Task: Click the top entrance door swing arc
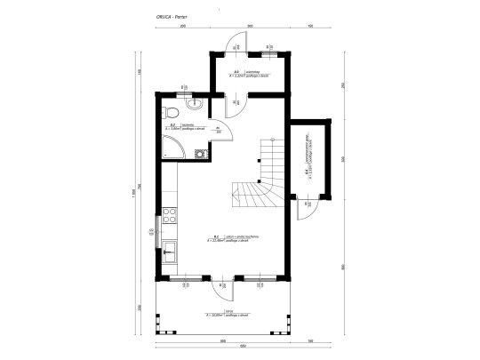pyautogui.click(x=238, y=45)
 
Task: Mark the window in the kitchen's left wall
pyautogui.click(x=159, y=224)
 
